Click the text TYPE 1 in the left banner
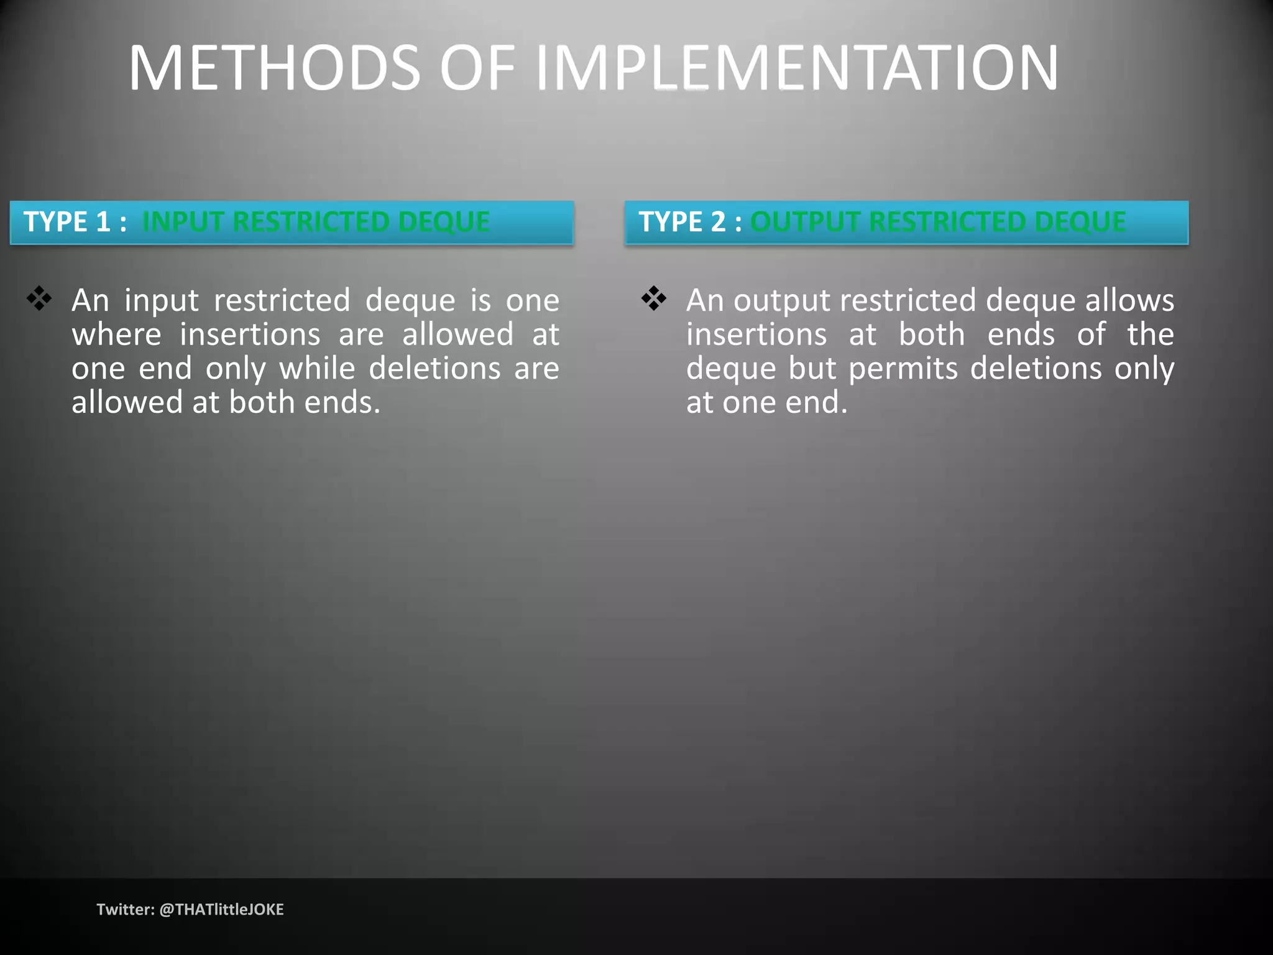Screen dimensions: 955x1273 (x=67, y=222)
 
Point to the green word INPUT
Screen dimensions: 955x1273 (x=183, y=222)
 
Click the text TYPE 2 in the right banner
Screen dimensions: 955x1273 (x=682, y=222)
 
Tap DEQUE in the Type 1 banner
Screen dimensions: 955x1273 (x=444, y=222)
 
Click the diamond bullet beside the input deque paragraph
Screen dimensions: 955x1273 (x=39, y=298)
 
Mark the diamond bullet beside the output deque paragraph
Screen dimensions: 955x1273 (x=653, y=298)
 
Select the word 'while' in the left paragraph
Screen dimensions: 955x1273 (x=317, y=368)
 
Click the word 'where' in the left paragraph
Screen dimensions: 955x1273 (x=116, y=334)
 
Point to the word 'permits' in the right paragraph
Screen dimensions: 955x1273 (x=903, y=368)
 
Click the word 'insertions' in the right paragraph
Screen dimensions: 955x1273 (x=756, y=334)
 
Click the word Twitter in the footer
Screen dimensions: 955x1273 (x=124, y=910)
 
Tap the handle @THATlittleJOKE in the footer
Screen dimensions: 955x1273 (x=221, y=910)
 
